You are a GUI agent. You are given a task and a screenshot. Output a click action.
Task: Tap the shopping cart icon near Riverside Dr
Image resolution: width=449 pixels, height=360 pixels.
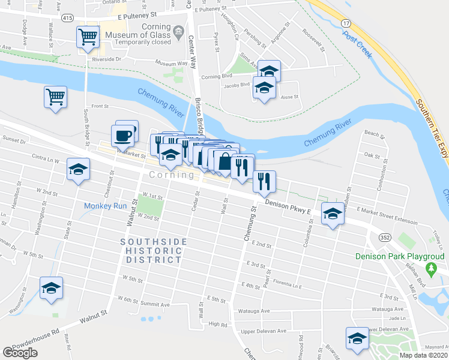(88, 37)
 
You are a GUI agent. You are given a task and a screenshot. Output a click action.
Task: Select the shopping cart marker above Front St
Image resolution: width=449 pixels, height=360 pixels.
(55, 95)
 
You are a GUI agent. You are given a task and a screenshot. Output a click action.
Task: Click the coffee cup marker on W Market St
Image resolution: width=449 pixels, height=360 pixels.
(123, 135)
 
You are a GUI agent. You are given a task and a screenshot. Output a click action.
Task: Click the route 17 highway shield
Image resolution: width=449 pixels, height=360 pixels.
(345, 22)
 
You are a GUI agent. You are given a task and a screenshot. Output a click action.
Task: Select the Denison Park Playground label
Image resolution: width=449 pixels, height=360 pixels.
(400, 256)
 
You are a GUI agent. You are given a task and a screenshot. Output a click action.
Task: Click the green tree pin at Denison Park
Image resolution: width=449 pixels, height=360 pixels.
(431, 267)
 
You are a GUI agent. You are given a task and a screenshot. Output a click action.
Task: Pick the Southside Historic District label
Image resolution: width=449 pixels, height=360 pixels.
(153, 251)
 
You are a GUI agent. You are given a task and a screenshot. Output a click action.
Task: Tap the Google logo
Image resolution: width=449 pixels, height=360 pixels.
(20, 353)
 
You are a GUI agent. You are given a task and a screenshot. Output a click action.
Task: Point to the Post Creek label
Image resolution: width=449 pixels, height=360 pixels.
(357, 43)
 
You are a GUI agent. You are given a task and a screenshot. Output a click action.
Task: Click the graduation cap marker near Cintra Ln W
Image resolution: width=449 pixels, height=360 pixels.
(79, 170)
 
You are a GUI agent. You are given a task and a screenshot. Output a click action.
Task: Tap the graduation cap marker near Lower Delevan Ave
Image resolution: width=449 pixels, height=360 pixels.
(358, 339)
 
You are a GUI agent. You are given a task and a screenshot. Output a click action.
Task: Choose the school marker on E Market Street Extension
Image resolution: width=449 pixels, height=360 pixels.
(332, 214)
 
